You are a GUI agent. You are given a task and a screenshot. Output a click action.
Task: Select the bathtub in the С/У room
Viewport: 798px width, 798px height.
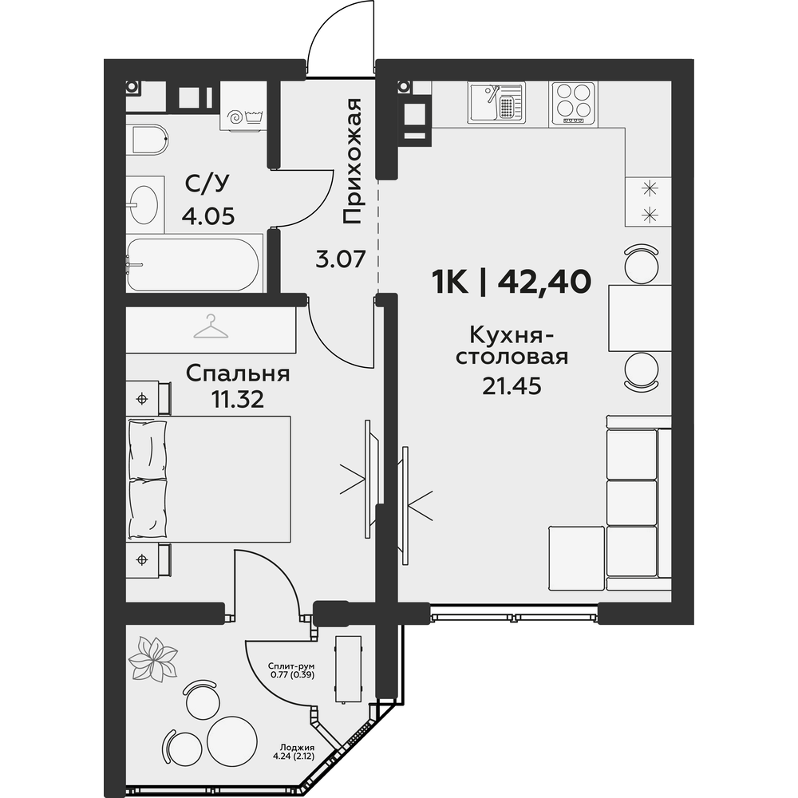click(x=193, y=264)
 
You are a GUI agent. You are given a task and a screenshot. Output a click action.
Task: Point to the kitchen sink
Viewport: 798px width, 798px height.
click(x=496, y=102)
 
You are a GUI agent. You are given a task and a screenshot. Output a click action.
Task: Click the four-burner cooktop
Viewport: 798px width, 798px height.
click(x=574, y=103)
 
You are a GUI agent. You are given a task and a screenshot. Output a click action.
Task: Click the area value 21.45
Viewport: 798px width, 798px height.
click(x=512, y=387)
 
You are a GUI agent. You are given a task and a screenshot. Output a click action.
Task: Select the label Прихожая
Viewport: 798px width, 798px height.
click(x=352, y=162)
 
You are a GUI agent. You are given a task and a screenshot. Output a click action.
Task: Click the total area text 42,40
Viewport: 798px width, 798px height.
click(x=544, y=282)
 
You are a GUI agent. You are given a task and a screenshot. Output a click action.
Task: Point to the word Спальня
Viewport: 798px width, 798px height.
click(x=238, y=374)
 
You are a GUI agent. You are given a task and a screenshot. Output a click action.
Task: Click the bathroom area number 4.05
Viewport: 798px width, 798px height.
click(x=208, y=217)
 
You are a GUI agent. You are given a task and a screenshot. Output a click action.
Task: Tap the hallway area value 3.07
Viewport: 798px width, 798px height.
click(x=341, y=259)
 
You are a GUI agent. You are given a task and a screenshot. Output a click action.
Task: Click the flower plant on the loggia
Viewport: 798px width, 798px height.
click(x=152, y=659)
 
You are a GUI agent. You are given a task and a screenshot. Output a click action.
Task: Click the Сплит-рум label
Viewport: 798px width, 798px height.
click(x=291, y=666)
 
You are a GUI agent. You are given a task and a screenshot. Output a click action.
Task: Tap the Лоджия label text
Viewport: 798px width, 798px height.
click(x=298, y=748)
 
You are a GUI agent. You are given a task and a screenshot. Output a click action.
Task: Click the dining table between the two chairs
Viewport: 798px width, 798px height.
click(x=640, y=318)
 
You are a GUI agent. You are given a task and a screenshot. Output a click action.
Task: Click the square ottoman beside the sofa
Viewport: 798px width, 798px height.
click(x=577, y=559)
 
